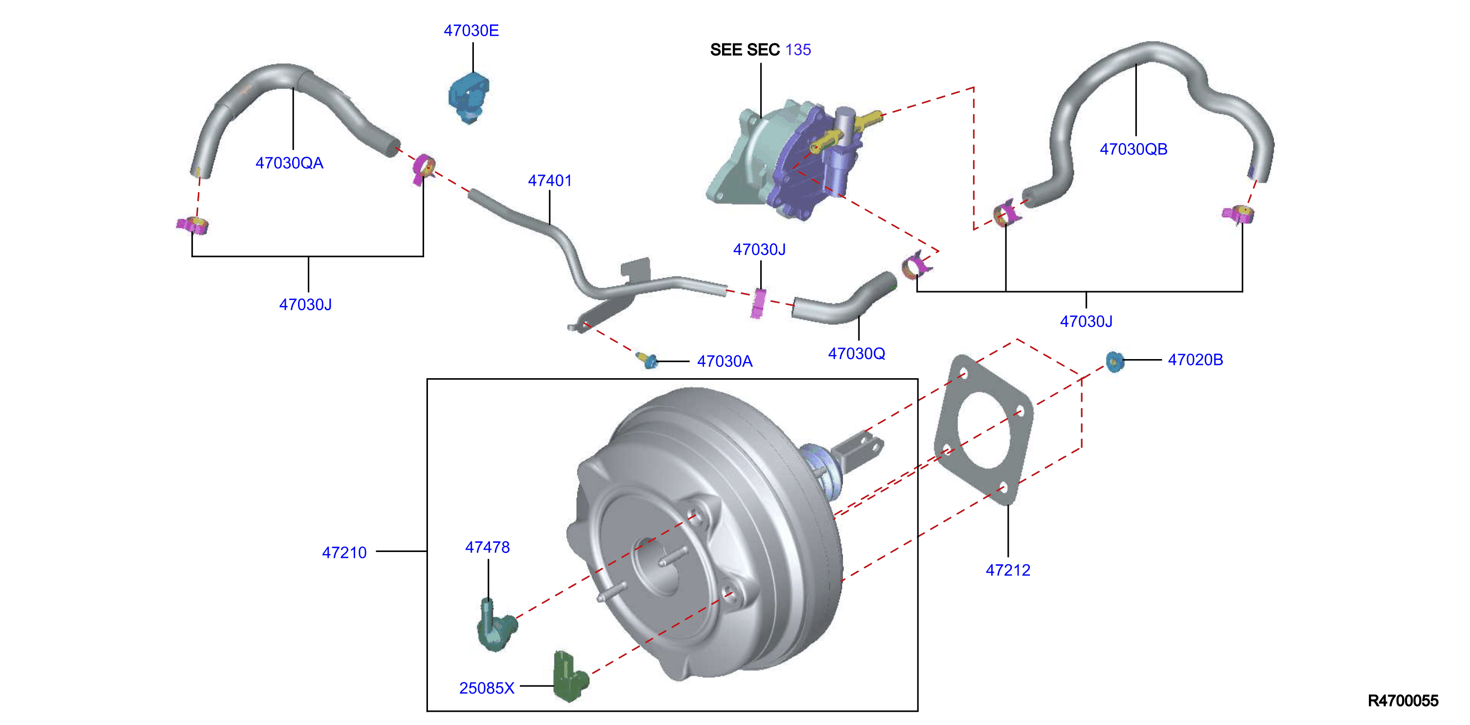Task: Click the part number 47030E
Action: coord(471,31)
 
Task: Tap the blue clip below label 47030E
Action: coord(469,98)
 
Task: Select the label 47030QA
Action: coord(289,163)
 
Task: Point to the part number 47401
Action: coord(550,181)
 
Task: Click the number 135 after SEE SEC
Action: coord(798,50)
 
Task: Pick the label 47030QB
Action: coord(1133,149)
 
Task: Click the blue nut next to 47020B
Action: coord(1114,362)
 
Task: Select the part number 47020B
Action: coord(1195,360)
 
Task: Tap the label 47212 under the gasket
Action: coord(1008,570)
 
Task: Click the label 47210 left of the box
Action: coord(344,553)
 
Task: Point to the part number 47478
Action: coord(488,548)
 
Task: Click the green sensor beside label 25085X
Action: coord(570,676)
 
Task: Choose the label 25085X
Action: coord(487,688)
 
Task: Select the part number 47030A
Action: coord(724,362)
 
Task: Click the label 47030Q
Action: coord(856,354)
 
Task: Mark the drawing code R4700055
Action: coord(1403,701)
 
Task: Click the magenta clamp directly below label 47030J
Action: coord(758,304)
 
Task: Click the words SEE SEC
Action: coord(745,50)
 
